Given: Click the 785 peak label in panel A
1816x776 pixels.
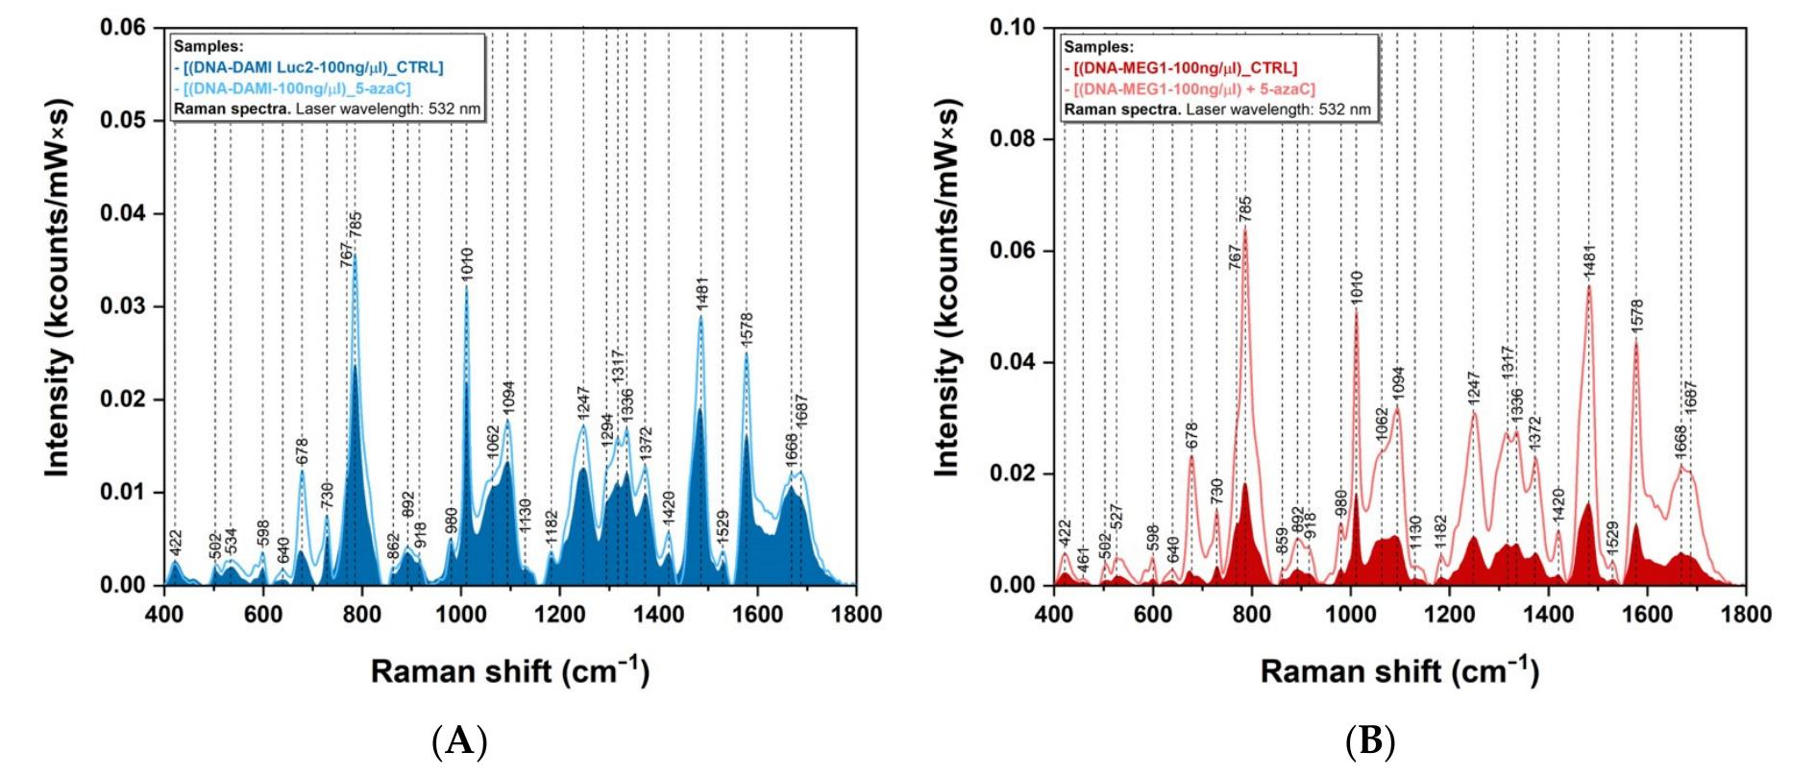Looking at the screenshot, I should (356, 225).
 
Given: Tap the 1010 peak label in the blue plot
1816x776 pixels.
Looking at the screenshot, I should (467, 264).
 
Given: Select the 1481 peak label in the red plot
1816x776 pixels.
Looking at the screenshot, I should (1589, 262).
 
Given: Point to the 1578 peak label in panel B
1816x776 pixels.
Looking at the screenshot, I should (1637, 318).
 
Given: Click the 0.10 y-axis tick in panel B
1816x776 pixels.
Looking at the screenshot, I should (1013, 27).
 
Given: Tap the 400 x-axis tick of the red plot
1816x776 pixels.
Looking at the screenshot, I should (1054, 615).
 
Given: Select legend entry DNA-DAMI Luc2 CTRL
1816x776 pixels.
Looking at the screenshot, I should (308, 67).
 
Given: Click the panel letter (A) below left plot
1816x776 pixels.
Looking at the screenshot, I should (459, 741).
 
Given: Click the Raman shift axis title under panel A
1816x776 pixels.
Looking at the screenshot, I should (510, 669).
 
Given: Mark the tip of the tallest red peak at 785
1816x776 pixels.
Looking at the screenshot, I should (1245, 227).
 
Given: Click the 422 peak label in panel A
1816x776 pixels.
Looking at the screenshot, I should (175, 542).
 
